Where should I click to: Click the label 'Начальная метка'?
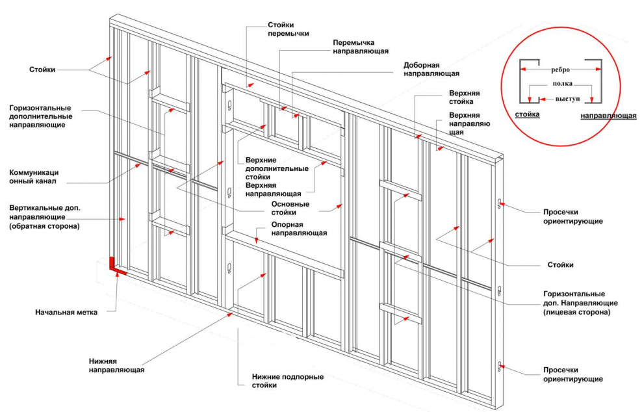(x=66, y=312)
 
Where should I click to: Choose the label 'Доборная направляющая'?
(x=431, y=70)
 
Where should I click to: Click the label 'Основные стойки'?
(x=290, y=208)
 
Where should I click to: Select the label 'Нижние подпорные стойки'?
(x=288, y=381)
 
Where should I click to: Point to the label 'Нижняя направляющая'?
(x=116, y=365)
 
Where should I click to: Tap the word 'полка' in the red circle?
(x=562, y=84)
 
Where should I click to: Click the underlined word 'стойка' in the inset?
(x=527, y=115)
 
